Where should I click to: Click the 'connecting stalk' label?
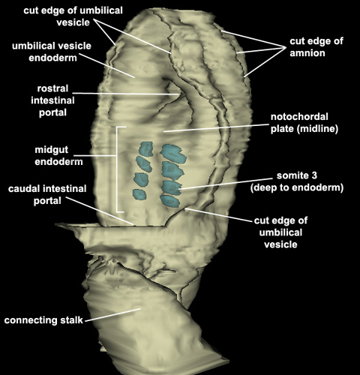[43, 320]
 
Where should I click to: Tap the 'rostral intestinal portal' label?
[52, 100]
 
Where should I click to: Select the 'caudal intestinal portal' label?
[47, 195]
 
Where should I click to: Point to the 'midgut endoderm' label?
[58, 155]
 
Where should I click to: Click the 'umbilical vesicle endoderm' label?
[52, 52]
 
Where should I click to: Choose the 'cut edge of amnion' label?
[316, 47]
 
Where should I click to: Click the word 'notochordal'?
[299, 117]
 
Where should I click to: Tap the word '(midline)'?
[317, 129]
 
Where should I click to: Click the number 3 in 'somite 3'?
[314, 175]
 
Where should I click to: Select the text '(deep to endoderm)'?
[297, 187]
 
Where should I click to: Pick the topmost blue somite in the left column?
[146, 149]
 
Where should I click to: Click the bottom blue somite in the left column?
[139, 194]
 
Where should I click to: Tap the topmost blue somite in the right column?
[173, 154]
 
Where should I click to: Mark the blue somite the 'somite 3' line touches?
[171, 187]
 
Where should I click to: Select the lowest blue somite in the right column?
[170, 201]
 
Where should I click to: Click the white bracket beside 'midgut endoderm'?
[117, 169]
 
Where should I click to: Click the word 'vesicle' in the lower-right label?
[280, 244]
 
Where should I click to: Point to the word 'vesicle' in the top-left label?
[73, 22]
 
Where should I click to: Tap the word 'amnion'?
[307, 53]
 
